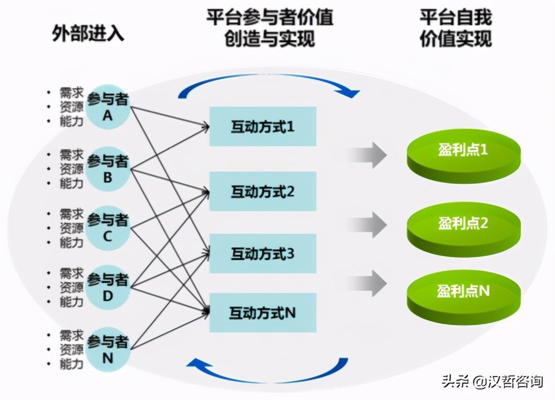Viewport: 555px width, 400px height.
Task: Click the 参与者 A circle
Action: (x=107, y=107)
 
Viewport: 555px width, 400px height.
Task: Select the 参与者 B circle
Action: (x=107, y=169)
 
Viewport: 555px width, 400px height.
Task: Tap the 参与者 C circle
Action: (x=107, y=228)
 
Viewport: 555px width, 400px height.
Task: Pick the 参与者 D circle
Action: (x=107, y=287)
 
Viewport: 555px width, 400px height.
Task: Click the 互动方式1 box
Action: (x=262, y=126)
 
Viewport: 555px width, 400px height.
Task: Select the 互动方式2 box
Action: (x=262, y=191)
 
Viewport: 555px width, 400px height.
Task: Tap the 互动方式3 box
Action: (x=262, y=254)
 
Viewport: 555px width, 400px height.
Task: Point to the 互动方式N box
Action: (x=262, y=313)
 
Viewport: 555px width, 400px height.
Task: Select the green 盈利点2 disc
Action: (x=463, y=225)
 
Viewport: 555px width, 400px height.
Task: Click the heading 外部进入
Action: (x=88, y=33)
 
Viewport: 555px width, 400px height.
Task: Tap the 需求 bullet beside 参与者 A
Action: (x=71, y=93)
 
